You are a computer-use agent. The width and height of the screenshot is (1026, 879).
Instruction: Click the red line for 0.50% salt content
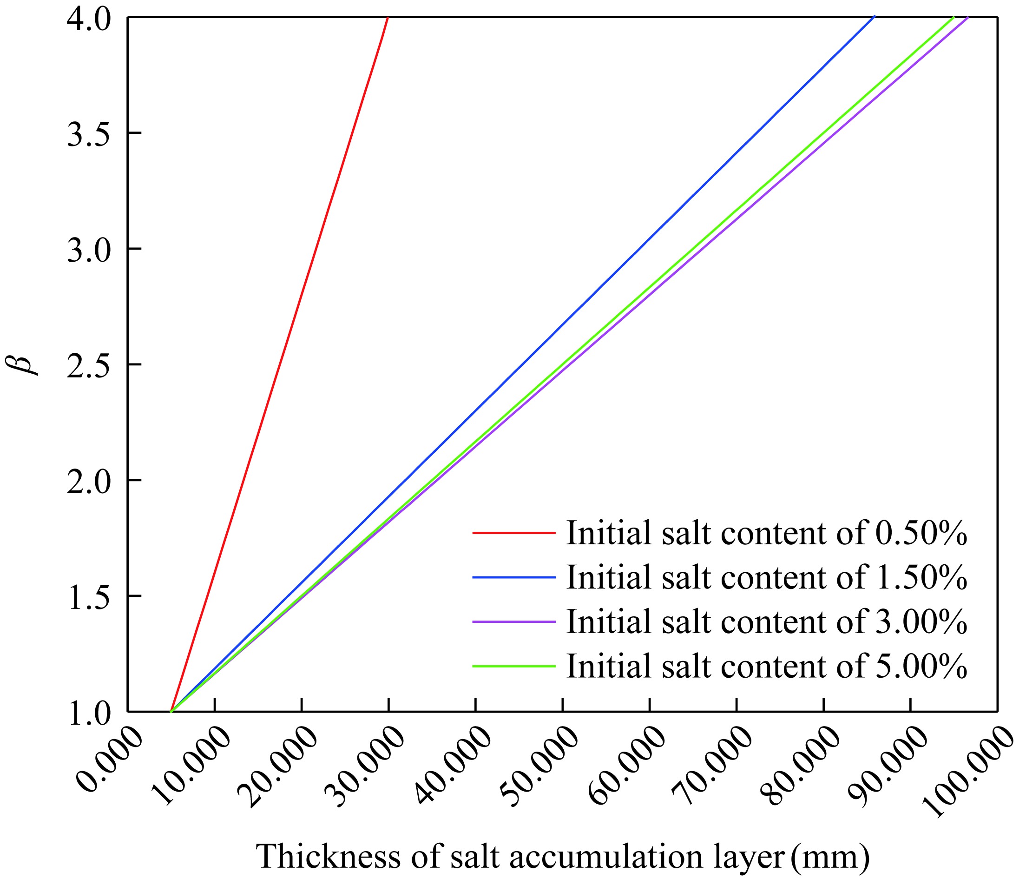[280, 364]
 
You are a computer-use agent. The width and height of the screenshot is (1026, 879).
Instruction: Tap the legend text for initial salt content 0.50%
[766, 533]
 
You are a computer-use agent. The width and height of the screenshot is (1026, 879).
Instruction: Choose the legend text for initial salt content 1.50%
[766, 577]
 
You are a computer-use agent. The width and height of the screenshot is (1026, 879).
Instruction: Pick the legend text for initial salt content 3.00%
[766, 621]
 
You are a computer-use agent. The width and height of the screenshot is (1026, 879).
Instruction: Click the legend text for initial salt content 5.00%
[766, 666]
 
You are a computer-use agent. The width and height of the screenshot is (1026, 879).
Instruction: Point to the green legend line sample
[513, 666]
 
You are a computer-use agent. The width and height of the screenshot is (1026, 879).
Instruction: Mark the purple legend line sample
[513, 621]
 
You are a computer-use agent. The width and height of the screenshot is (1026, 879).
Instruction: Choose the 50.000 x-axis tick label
[540, 767]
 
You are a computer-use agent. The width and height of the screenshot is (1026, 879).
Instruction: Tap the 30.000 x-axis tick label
[367, 767]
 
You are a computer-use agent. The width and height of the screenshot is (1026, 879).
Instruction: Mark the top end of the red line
[388, 18]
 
